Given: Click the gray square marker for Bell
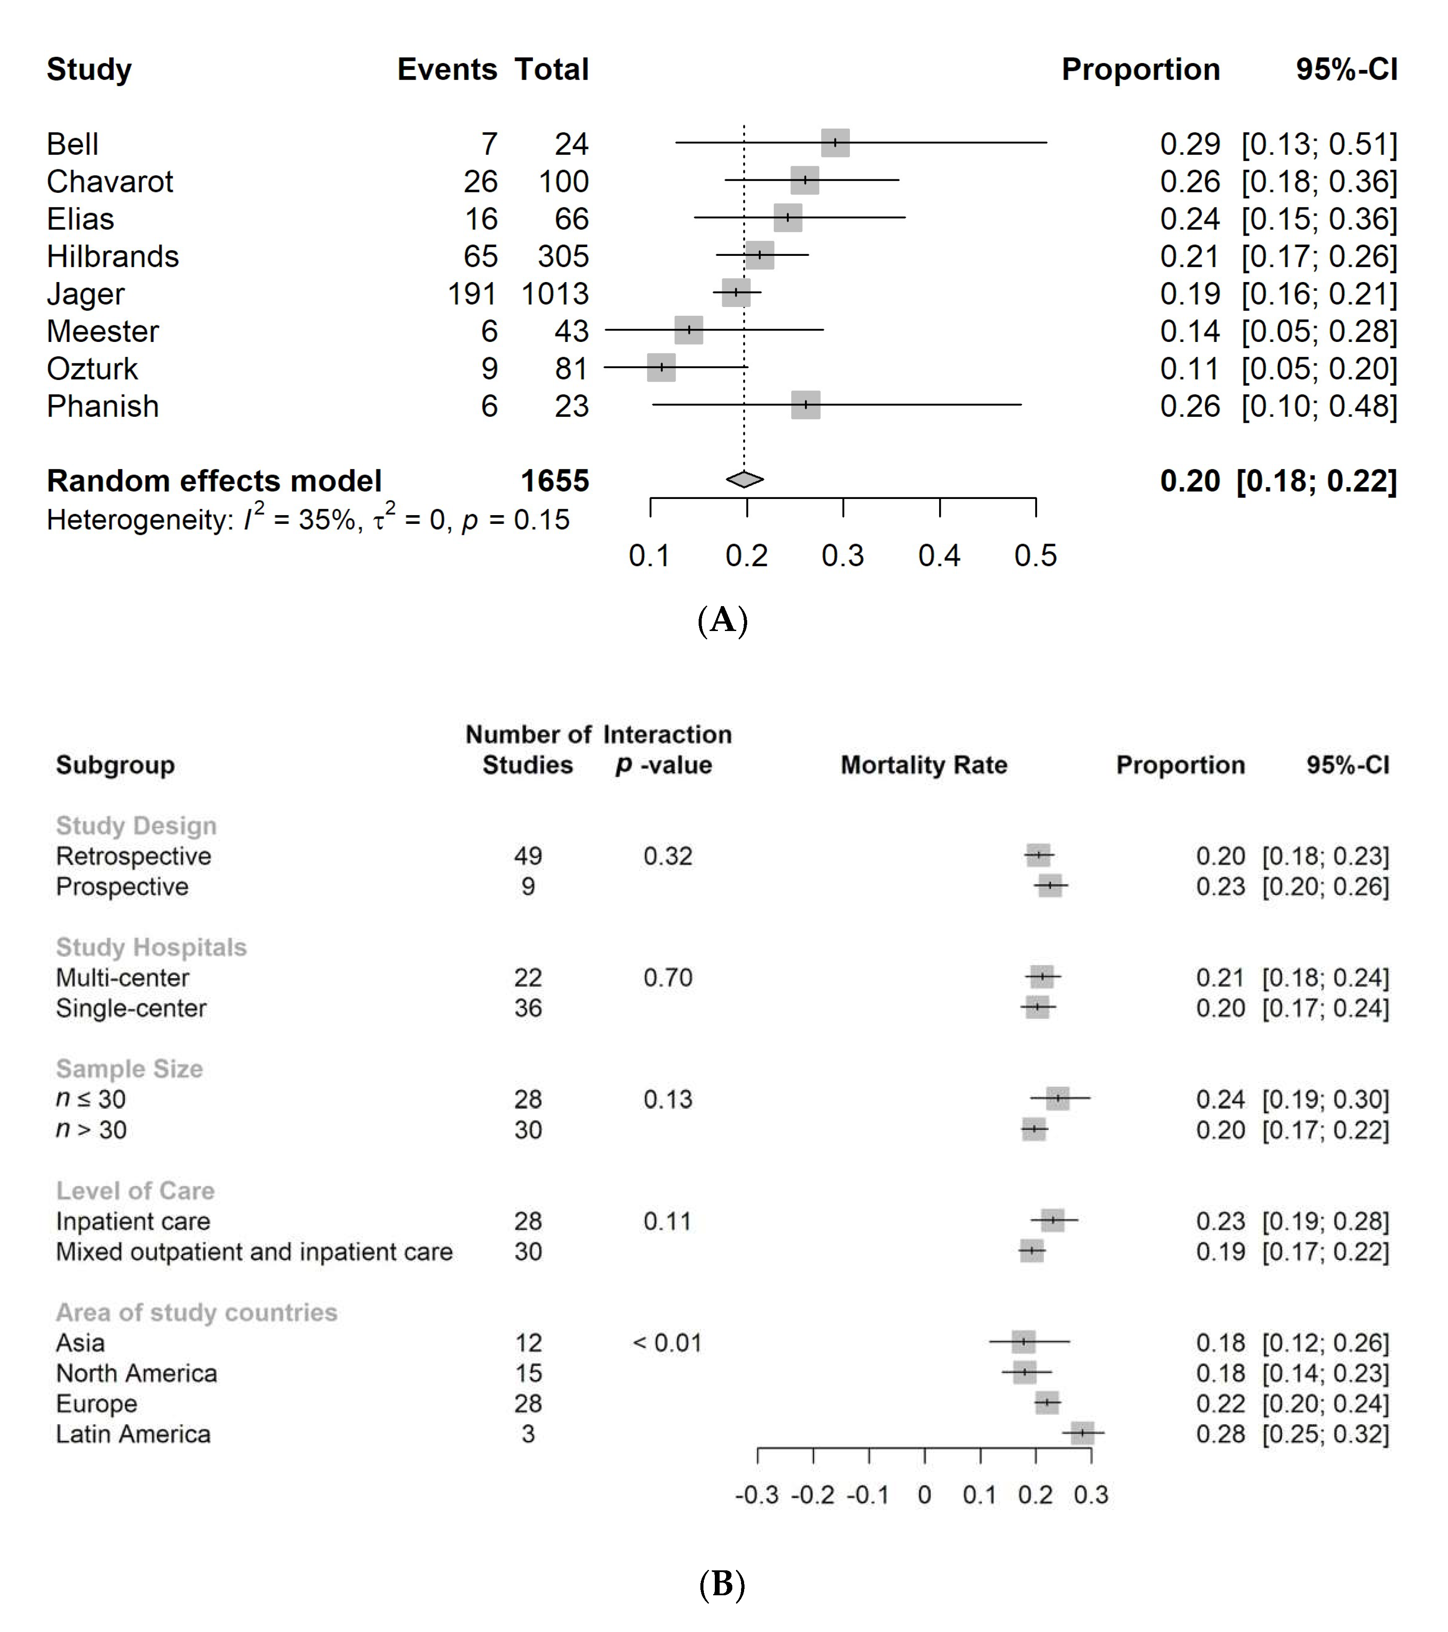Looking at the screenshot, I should [x=835, y=143].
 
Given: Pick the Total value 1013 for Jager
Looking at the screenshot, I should [x=555, y=294].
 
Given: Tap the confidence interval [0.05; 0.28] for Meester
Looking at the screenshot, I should [x=1319, y=331].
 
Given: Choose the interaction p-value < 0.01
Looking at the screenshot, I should [x=667, y=1343].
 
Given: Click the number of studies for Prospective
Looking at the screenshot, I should [x=528, y=886].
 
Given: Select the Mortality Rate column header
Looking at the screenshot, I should [x=923, y=765].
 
